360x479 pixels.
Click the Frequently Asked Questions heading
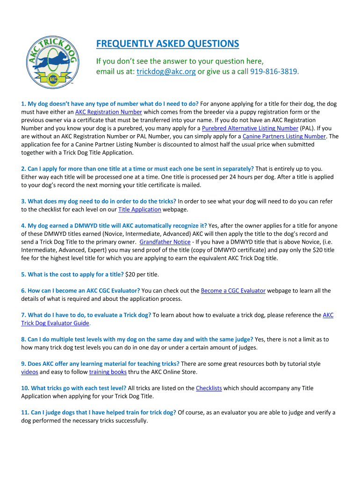(x=167, y=44)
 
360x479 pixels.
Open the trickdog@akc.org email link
(x=166, y=72)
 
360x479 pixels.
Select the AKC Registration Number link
(x=108, y=112)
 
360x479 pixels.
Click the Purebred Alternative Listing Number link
(x=250, y=128)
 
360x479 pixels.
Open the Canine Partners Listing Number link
(x=284, y=136)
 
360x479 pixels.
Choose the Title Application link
(x=140, y=209)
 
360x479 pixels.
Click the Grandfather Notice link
(x=165, y=242)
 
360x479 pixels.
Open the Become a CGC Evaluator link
(x=233, y=290)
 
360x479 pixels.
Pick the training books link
(x=108, y=372)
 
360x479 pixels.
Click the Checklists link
(x=209, y=388)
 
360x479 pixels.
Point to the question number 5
(x=24, y=274)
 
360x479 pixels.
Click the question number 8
(x=24, y=339)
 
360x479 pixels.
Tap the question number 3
(x=24, y=201)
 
